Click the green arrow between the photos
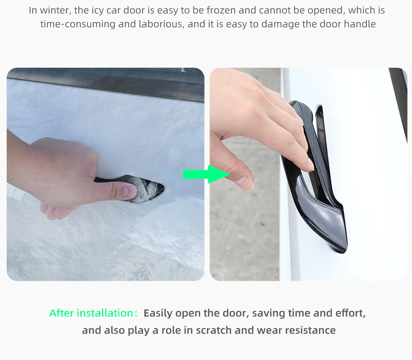pos(207,174)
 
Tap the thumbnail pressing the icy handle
pos(130,192)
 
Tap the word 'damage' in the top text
pos(280,24)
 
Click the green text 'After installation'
pos(91,313)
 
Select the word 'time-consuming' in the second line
pos(78,24)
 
